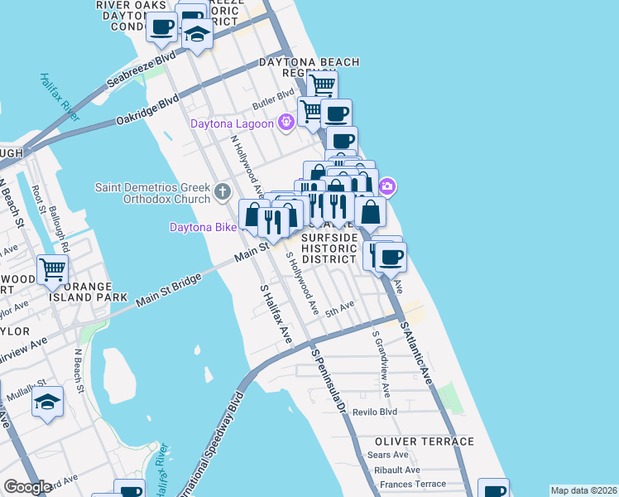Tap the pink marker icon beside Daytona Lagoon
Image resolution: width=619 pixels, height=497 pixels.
(x=286, y=123)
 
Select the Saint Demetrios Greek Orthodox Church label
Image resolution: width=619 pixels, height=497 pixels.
(x=154, y=192)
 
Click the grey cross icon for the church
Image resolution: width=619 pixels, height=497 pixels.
(x=221, y=192)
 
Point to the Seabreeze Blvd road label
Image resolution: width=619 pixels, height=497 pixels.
(x=142, y=72)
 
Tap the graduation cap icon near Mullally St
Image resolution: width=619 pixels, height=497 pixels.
(x=48, y=403)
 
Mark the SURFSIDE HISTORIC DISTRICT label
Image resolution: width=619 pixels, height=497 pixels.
(x=329, y=248)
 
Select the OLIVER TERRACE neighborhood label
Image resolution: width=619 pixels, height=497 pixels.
(x=424, y=442)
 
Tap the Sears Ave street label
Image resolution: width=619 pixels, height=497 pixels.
(x=388, y=455)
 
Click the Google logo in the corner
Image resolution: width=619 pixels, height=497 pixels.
(x=27, y=487)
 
